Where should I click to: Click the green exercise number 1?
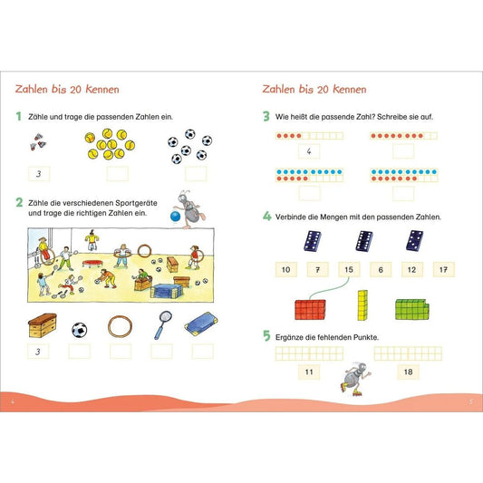(19, 116)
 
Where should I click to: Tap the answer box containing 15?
(349, 269)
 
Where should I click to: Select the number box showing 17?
(443, 269)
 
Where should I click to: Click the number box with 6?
(381, 269)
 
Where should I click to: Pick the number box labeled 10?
(286, 269)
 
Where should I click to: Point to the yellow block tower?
(362, 305)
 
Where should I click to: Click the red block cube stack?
(310, 310)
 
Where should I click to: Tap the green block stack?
(411, 309)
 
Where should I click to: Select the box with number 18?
(408, 372)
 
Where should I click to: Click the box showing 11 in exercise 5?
(309, 372)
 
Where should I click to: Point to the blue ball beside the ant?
(175, 217)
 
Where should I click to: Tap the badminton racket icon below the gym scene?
(162, 325)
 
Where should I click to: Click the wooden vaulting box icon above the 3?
(43, 325)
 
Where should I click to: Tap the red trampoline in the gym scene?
(92, 264)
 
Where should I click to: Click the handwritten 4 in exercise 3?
(309, 151)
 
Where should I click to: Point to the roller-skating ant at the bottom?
(355, 378)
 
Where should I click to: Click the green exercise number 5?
(266, 335)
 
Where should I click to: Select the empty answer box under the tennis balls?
(118, 173)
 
